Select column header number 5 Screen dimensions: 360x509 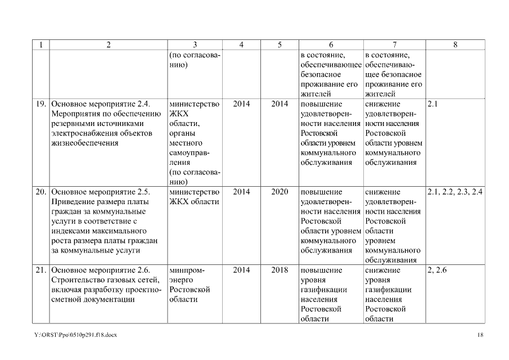(x=280, y=46)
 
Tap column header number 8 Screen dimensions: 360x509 (x=455, y=46)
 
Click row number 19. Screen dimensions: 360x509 (x=41, y=104)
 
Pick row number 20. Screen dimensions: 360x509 (x=41, y=192)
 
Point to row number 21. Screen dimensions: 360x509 (x=41, y=270)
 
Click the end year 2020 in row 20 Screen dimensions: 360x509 (x=280, y=192)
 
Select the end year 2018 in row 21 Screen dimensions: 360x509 (x=280, y=270)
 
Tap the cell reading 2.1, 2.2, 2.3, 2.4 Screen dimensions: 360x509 (x=455, y=192)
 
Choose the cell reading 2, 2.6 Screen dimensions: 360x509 (x=437, y=270)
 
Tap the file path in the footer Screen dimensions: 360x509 (x=75, y=335)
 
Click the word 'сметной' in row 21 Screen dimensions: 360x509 (x=66, y=299)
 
